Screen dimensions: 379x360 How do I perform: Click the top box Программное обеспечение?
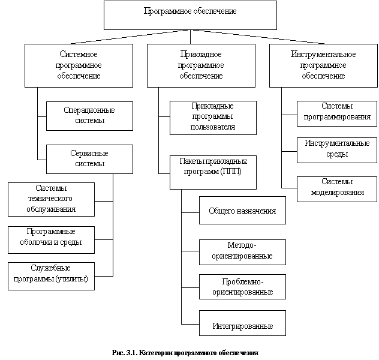click(190, 15)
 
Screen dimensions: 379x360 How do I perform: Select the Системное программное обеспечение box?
click(79, 65)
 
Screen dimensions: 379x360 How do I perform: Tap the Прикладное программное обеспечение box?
click(201, 65)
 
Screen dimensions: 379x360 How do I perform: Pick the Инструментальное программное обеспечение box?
click(323, 65)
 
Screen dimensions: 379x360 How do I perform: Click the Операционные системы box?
click(89, 116)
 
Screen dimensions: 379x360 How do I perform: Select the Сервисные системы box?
click(89, 159)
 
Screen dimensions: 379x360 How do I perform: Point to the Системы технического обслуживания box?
click(51, 199)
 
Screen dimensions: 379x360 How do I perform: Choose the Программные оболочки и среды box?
click(51, 240)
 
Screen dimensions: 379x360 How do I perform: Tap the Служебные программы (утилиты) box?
click(51, 276)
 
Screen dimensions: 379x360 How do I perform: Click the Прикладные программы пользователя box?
click(213, 118)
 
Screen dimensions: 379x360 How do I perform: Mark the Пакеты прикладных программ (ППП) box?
click(213, 172)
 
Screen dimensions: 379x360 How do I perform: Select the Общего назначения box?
click(242, 210)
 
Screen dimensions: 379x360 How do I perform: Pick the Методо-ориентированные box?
click(242, 252)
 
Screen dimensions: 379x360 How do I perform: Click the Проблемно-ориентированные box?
click(242, 287)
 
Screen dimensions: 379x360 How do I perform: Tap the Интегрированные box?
click(242, 323)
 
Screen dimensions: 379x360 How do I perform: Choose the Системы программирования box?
click(337, 113)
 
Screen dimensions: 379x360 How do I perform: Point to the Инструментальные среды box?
click(337, 150)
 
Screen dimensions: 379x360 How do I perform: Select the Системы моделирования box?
click(337, 189)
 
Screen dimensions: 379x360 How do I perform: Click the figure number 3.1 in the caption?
click(131, 353)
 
